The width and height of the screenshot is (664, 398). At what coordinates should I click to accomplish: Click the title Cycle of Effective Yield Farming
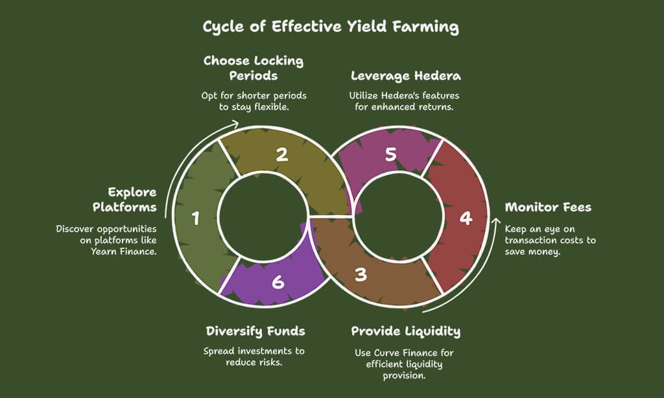click(331, 27)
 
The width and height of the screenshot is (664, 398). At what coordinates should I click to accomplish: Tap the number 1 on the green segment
click(196, 219)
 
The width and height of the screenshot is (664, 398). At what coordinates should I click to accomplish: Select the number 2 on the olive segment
click(281, 155)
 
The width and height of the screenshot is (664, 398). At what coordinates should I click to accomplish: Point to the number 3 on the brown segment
click(361, 274)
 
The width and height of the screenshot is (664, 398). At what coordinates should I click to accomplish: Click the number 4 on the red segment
click(465, 218)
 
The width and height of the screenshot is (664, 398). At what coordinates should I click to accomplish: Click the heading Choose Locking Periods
click(254, 68)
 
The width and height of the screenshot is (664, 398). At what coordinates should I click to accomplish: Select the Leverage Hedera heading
click(406, 76)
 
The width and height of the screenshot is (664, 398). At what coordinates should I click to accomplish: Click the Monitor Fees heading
click(548, 208)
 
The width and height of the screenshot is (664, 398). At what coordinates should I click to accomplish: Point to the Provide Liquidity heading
click(406, 331)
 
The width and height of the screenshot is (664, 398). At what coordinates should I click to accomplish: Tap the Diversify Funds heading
click(255, 331)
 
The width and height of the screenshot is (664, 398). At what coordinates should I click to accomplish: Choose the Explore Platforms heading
click(132, 199)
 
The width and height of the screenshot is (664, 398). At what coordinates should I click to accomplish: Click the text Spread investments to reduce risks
click(254, 357)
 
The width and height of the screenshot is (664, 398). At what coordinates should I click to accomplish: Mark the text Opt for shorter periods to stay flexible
click(254, 101)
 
